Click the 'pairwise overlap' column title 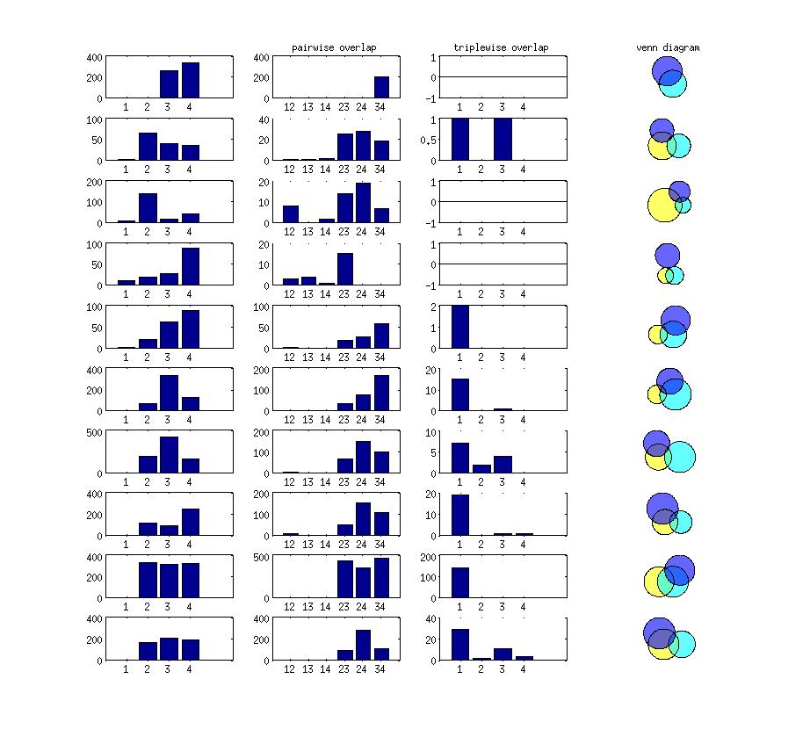pyautogui.click(x=333, y=47)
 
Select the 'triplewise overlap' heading pyautogui.click(x=501, y=47)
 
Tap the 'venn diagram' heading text pyautogui.click(x=668, y=47)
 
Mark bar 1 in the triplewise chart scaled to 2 pyautogui.click(x=460, y=327)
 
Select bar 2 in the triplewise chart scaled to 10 pyautogui.click(x=481, y=469)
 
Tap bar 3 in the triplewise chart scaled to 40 pyautogui.click(x=503, y=654)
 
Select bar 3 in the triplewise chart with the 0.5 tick pyautogui.click(x=503, y=139)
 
